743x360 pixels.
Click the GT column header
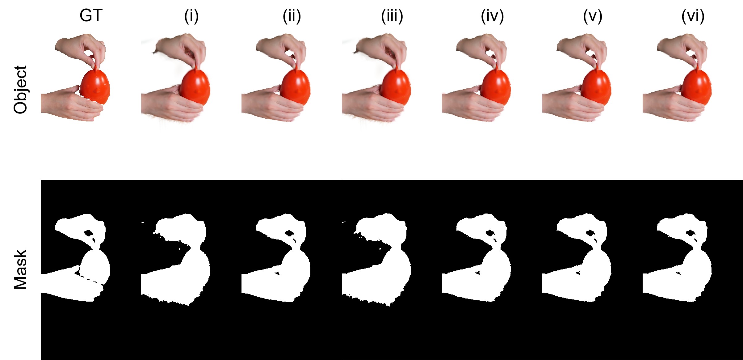tap(91, 15)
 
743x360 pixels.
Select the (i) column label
tap(191, 16)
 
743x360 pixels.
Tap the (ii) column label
tap(292, 16)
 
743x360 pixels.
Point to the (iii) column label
tap(392, 16)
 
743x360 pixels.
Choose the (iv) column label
tap(492, 16)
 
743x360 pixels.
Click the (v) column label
tap(593, 16)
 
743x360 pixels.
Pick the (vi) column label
tap(693, 16)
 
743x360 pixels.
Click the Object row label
tap(21, 90)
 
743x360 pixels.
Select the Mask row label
tap(21, 269)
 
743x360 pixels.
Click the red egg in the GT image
tap(95, 87)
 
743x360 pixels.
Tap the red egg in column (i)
tap(195, 87)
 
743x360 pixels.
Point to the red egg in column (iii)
tap(396, 87)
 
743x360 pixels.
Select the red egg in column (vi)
tap(697, 87)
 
